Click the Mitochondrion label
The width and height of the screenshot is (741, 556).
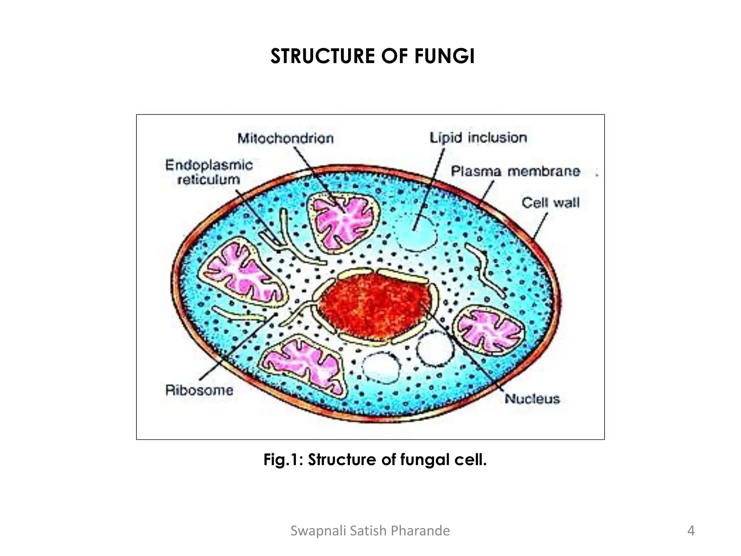[x=285, y=139]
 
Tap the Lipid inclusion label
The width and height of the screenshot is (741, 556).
[x=478, y=138]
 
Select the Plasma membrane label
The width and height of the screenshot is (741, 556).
[x=515, y=171]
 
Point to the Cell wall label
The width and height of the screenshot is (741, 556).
[x=550, y=203]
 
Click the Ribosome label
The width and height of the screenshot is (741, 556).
[x=199, y=390]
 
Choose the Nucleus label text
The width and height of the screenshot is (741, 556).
[x=532, y=399]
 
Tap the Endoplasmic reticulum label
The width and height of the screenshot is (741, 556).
[x=209, y=172]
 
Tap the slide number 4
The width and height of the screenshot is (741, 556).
[x=691, y=531]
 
